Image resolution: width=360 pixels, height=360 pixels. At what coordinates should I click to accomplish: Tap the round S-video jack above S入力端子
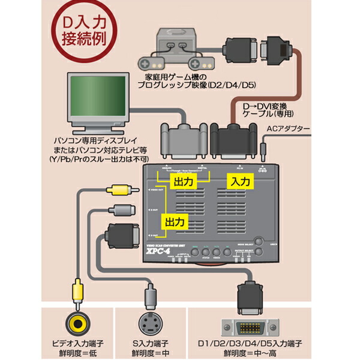pyautogui.click(x=151, y=325)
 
